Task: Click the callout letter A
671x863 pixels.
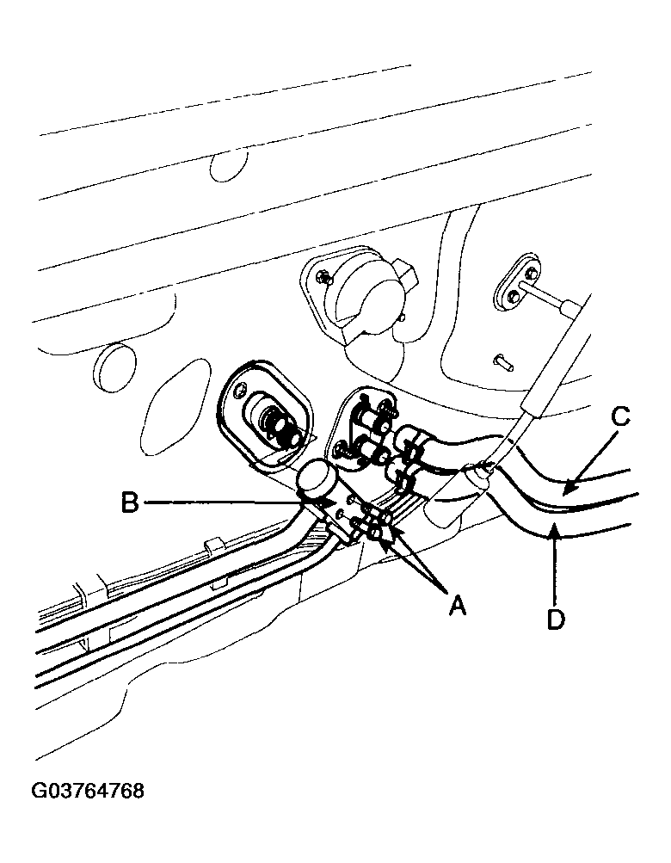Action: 457,606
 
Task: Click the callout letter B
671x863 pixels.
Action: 130,502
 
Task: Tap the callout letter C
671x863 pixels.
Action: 619,417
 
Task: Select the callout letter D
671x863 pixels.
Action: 556,620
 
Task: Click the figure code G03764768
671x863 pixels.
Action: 88,791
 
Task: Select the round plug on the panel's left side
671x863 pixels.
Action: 114,368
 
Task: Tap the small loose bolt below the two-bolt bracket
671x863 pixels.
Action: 503,361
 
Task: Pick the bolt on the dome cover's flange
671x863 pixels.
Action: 324,278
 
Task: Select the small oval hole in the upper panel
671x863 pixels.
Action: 227,162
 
